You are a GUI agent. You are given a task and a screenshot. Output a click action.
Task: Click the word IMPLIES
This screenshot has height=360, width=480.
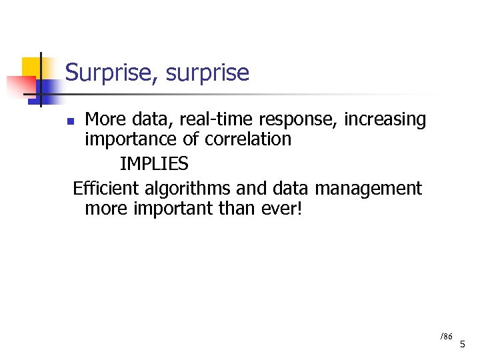click(154, 164)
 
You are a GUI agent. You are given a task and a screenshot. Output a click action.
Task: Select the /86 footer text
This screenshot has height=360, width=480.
click(446, 336)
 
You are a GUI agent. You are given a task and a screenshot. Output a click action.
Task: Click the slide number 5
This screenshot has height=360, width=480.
click(463, 344)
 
